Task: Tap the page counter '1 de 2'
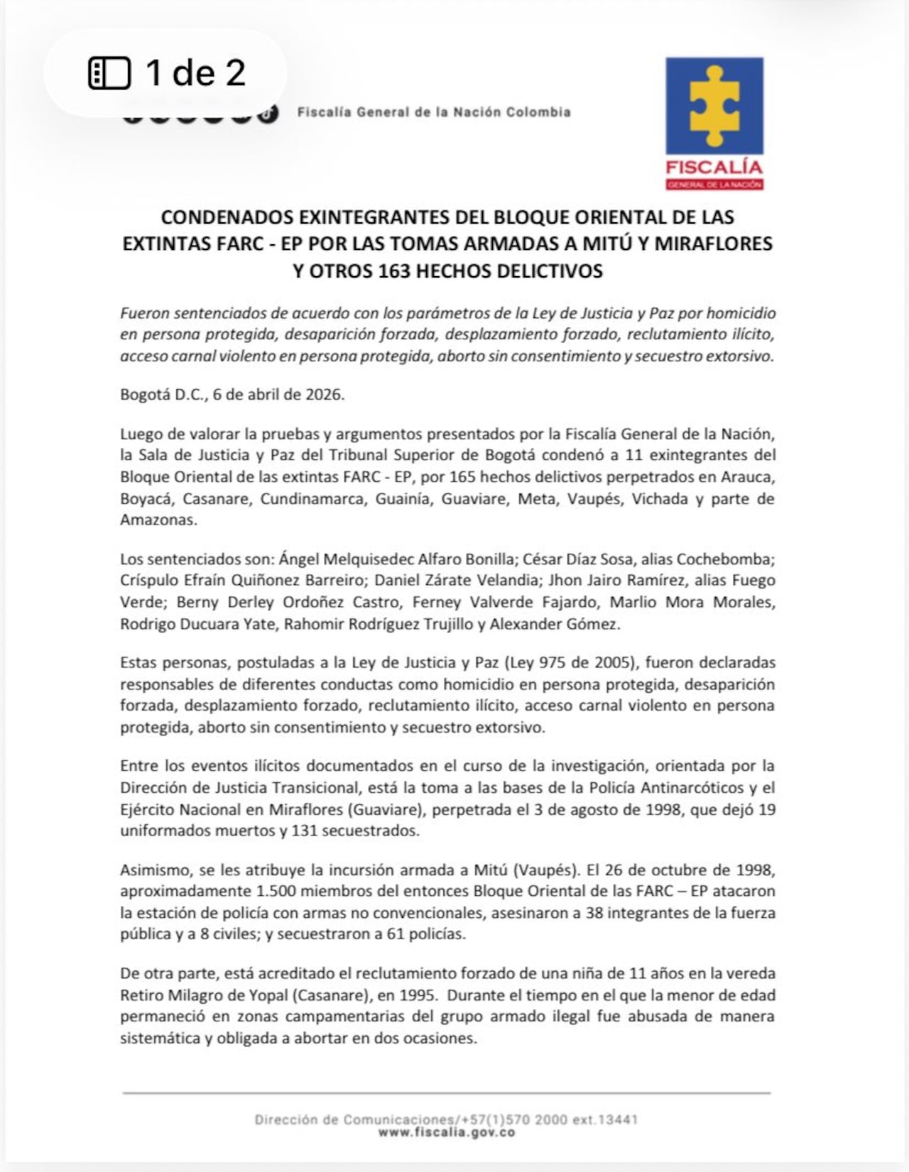click(x=195, y=72)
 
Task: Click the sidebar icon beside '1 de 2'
click(x=109, y=73)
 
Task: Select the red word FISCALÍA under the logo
click(x=714, y=168)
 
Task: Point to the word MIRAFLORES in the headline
click(x=713, y=243)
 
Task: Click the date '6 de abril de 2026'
click(x=278, y=395)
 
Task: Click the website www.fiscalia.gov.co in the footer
click(x=446, y=1132)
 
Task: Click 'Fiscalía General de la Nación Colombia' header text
click(x=434, y=112)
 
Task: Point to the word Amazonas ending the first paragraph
click(x=156, y=520)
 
